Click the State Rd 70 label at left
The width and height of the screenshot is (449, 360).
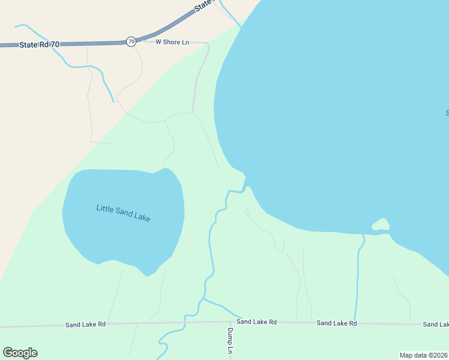[x=39, y=44]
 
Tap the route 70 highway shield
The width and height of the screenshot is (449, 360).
[x=131, y=41]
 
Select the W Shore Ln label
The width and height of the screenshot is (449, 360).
[x=172, y=42]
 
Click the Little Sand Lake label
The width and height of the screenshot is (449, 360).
[x=123, y=213]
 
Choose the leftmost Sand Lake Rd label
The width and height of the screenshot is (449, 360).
[x=85, y=324]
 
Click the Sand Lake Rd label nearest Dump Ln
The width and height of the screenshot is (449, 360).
[x=256, y=322]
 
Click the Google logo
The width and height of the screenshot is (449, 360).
[x=20, y=353]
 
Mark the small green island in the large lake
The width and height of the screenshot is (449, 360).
[x=381, y=226]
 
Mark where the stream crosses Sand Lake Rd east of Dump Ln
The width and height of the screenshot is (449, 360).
[x=354, y=323]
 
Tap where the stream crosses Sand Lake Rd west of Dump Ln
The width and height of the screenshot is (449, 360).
[x=185, y=323]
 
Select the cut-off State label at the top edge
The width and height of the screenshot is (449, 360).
[x=204, y=5]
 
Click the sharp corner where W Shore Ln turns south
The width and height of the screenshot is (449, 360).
[x=208, y=44]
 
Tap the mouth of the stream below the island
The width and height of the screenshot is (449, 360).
[x=364, y=235]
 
